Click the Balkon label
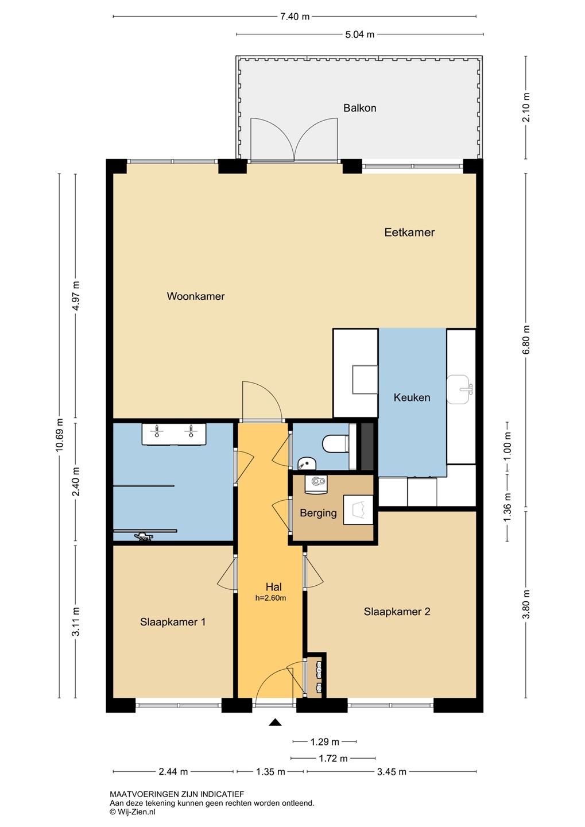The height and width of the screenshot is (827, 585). coord(359,108)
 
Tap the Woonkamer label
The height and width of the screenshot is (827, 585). coord(196,296)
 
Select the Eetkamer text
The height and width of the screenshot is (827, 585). coord(409,232)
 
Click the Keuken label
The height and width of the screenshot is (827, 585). coord(412,397)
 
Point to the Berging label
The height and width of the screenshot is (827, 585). coord(318,513)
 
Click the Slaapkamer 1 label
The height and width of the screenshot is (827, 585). coord(173,622)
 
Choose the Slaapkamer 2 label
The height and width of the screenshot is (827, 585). coord(397,612)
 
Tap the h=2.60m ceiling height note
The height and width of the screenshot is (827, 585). coord(270,598)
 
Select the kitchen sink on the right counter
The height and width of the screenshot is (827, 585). coord(459,389)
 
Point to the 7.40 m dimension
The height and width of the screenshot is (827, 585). coord(295,17)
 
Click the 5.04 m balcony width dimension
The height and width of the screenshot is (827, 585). coord(359,34)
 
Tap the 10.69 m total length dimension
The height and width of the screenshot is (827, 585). coord(60,435)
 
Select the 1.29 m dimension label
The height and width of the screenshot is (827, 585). coord(325,741)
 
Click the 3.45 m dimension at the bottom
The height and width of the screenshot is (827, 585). coord(392,771)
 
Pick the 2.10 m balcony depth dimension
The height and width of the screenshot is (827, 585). coord(526,107)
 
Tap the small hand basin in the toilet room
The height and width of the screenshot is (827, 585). coord(307,463)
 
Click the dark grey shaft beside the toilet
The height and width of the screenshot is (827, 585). coord(367,446)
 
